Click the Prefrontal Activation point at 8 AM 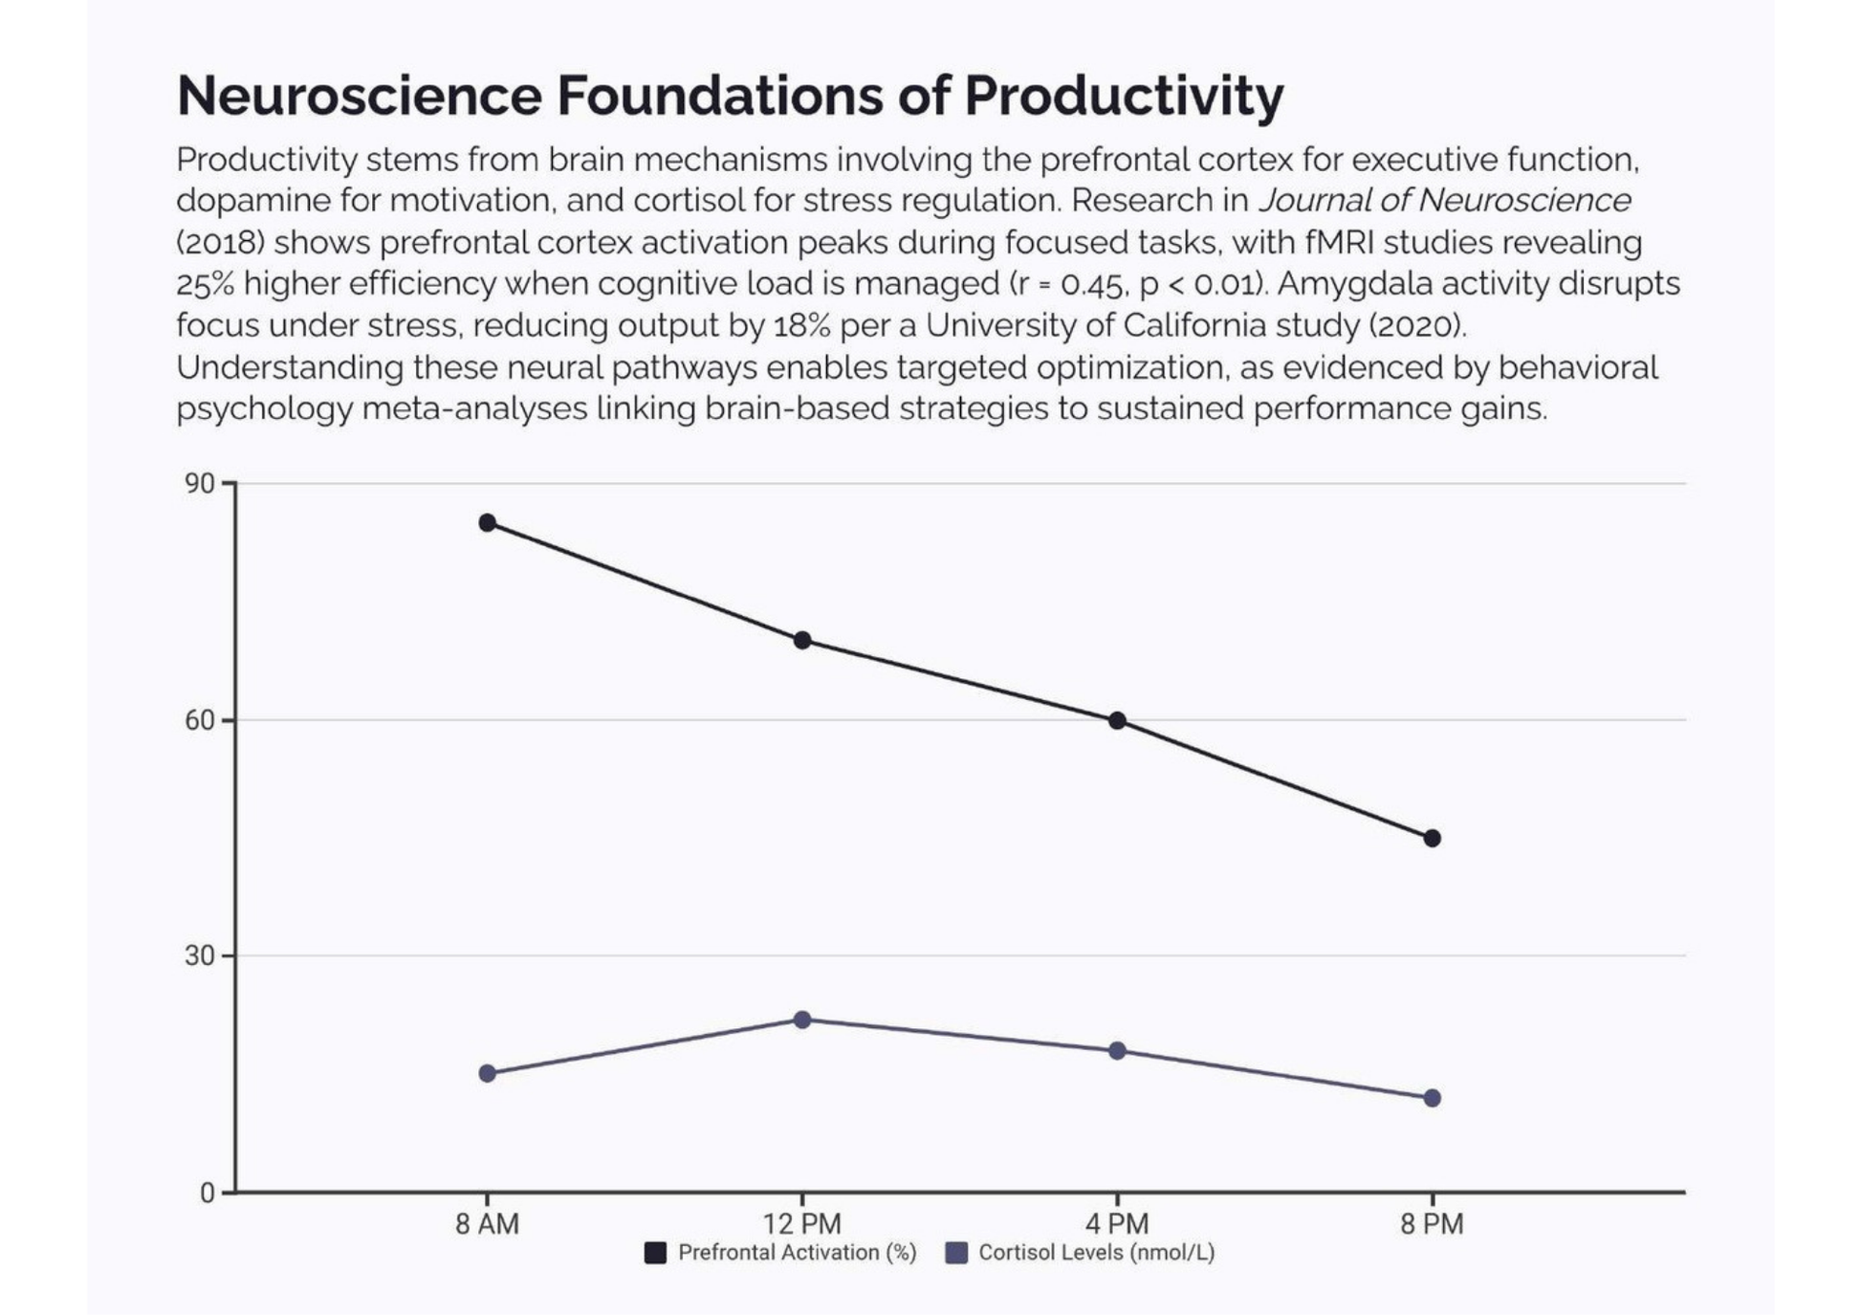coord(487,522)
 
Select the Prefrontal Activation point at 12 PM coord(802,640)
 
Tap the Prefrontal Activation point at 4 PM coord(1117,720)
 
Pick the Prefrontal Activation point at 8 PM coord(1432,838)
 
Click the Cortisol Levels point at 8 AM coord(487,1073)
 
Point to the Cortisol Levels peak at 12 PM coord(802,1020)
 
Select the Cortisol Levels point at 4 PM coord(1117,1051)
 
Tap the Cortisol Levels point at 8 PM coord(1432,1098)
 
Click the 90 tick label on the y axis coord(200,484)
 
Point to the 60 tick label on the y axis coord(200,720)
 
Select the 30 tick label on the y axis coord(200,955)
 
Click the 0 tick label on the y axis coord(208,1193)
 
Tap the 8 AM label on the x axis coord(487,1223)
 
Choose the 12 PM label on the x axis coord(802,1223)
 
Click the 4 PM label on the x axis coord(1117,1223)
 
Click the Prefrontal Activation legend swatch coord(655,1253)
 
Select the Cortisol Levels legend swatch coord(956,1253)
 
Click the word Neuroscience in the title coord(360,96)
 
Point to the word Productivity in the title coord(1124,96)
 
